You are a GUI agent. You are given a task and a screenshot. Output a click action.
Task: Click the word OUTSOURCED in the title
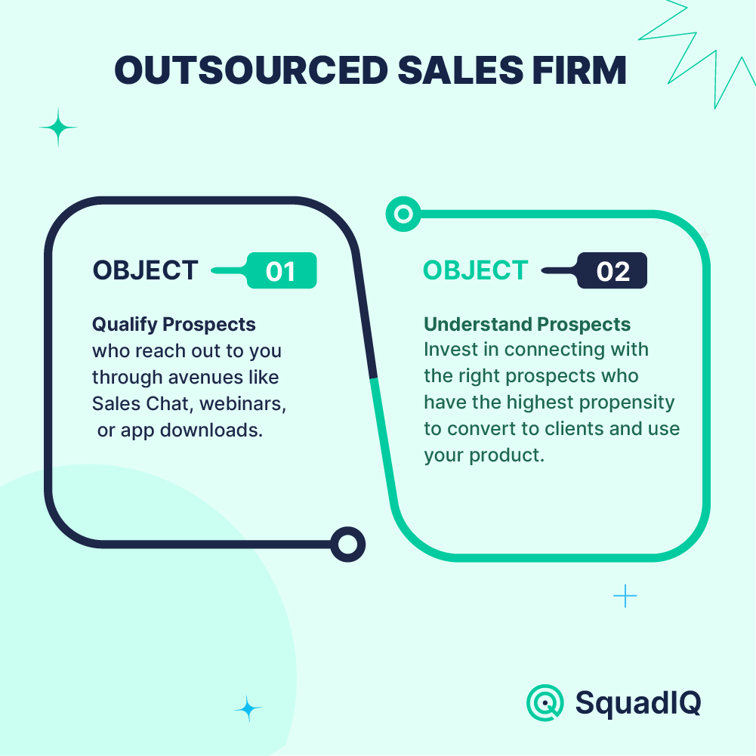pyautogui.click(x=251, y=70)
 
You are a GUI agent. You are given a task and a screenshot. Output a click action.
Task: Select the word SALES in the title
pyautogui.click(x=461, y=70)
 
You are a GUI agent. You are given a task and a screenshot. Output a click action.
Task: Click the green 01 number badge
pyautogui.click(x=282, y=270)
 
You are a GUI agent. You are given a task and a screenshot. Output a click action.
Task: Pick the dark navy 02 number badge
pyautogui.click(x=613, y=270)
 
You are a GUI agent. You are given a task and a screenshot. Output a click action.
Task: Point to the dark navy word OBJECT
pyautogui.click(x=145, y=270)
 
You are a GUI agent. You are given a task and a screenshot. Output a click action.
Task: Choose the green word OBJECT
pyautogui.click(x=475, y=270)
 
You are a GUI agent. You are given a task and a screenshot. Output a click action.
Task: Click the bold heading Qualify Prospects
pyautogui.click(x=174, y=325)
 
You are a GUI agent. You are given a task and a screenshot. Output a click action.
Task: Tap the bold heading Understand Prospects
pyautogui.click(x=527, y=324)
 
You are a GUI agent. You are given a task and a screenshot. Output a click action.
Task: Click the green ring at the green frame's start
pyautogui.click(x=403, y=214)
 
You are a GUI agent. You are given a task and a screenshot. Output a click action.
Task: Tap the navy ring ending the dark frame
pyautogui.click(x=347, y=545)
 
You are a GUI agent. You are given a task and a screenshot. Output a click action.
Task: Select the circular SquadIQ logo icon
pyautogui.click(x=545, y=702)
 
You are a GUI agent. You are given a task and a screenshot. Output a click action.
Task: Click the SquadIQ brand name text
pyautogui.click(x=638, y=703)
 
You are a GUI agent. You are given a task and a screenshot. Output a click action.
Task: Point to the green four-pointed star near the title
pyautogui.click(x=58, y=128)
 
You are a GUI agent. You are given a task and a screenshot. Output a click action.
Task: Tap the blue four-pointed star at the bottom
pyautogui.click(x=248, y=708)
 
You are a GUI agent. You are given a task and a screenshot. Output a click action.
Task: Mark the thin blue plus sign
pyautogui.click(x=625, y=596)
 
